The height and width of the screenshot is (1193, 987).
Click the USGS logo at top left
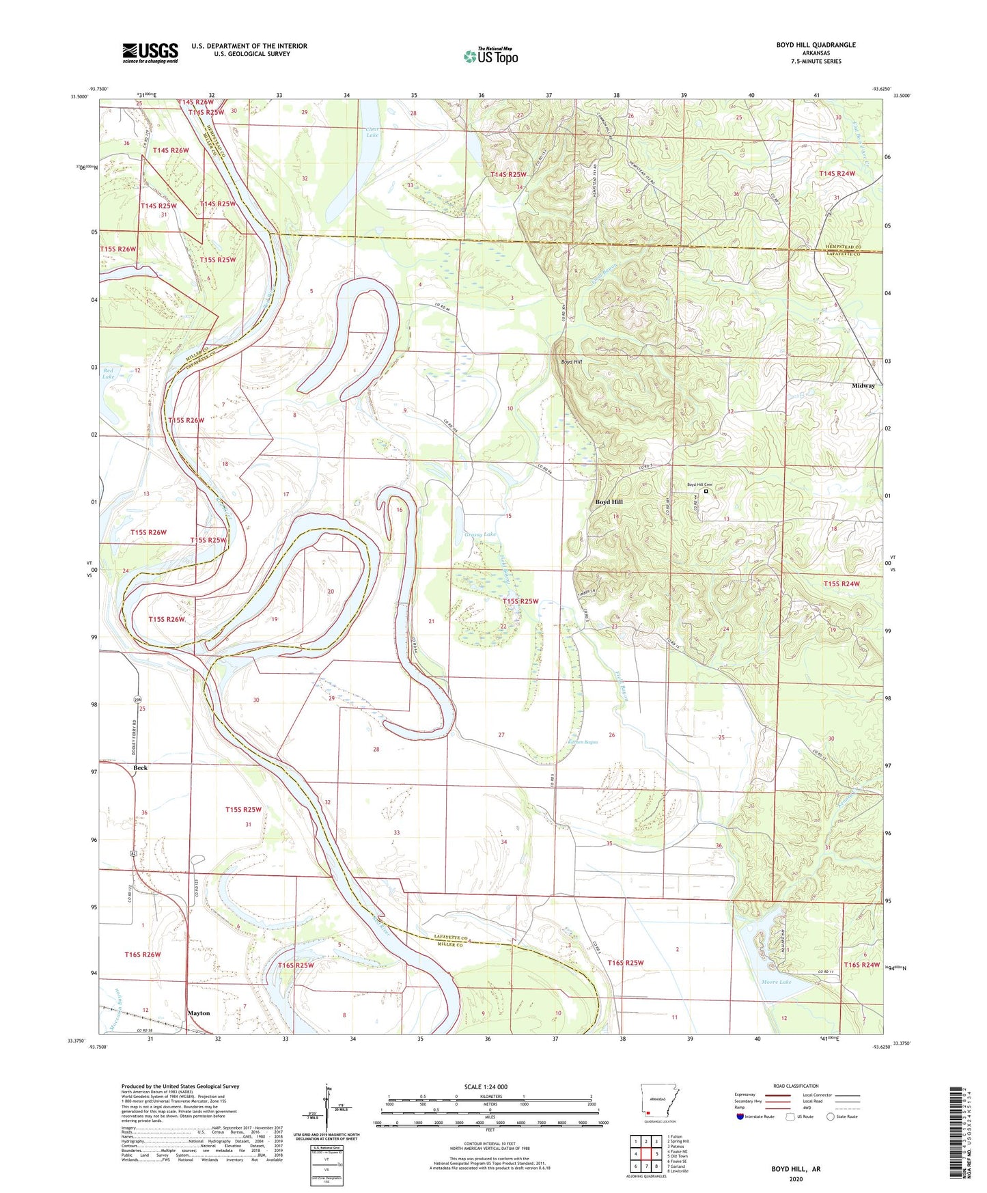click(x=150, y=52)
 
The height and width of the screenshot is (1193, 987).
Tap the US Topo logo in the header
click(x=490, y=56)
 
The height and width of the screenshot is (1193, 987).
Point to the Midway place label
click(x=863, y=386)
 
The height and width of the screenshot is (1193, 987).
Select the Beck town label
click(x=140, y=768)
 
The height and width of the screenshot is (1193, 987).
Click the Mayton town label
click(x=199, y=1013)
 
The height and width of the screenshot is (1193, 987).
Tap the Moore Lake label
click(x=776, y=982)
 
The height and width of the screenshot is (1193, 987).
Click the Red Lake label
click(x=109, y=374)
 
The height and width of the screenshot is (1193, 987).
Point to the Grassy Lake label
click(x=480, y=534)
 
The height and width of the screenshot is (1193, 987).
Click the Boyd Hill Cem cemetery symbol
click(x=706, y=491)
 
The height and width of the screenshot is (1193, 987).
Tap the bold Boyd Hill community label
click(x=609, y=502)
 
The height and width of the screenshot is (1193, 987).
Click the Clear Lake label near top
click(x=372, y=132)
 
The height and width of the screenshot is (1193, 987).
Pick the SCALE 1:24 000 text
click(x=486, y=1086)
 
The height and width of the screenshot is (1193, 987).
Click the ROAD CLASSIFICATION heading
click(x=796, y=1086)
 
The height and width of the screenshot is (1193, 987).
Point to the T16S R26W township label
click(x=143, y=955)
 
